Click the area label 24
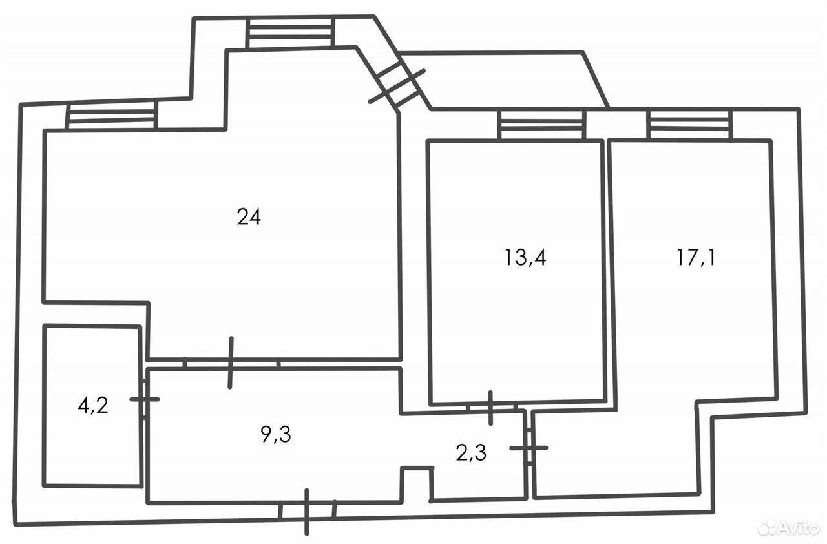[249, 217]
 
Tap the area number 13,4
[525, 257]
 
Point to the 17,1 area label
[696, 257]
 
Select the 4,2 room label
[92, 406]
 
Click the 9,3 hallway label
[276, 434]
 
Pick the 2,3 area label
[471, 453]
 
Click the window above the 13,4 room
[541, 125]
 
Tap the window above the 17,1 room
[690, 125]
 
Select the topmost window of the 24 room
[291, 33]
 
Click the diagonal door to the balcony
[397, 87]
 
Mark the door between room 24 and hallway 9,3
[231, 363]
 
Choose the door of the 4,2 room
[144, 399]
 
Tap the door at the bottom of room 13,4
[490, 408]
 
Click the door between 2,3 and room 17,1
[529, 448]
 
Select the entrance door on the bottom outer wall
[307, 512]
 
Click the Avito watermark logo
[789, 528]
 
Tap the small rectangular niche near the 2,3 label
[417, 484]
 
